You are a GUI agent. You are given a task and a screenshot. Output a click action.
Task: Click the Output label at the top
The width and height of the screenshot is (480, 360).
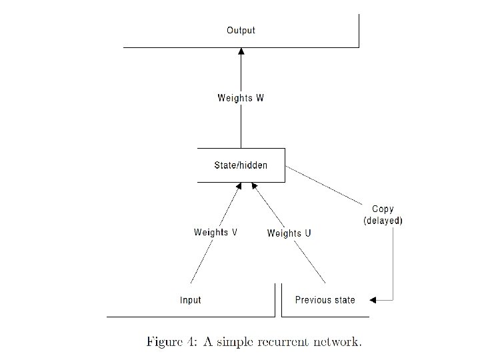(241, 30)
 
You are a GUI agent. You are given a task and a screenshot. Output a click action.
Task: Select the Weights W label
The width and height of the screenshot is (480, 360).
(241, 98)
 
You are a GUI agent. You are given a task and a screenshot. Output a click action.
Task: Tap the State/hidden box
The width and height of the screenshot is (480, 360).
(241, 165)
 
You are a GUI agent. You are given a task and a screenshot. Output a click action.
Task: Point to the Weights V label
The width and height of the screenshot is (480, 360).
(215, 233)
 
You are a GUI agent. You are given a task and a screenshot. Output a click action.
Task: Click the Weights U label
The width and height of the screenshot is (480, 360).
(289, 233)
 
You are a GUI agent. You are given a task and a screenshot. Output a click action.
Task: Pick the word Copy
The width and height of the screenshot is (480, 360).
(383, 209)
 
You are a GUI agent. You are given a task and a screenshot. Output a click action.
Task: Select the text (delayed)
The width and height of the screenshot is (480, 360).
(383, 220)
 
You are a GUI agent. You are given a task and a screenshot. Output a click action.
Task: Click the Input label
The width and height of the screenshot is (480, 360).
(191, 300)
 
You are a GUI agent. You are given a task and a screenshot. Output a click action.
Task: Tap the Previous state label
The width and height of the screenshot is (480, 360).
(325, 300)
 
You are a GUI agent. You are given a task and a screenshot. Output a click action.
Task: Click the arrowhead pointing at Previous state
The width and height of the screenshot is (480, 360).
(373, 300)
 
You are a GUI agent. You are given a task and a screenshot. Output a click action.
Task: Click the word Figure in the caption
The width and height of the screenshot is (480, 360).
(164, 343)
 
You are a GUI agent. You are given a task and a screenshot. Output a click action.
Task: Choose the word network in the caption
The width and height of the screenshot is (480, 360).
(337, 343)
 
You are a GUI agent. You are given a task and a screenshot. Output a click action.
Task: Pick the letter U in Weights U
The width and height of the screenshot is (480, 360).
(307, 233)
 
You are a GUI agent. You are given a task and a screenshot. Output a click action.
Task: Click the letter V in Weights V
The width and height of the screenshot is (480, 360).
(234, 233)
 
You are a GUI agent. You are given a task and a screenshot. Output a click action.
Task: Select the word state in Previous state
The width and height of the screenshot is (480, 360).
(344, 300)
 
